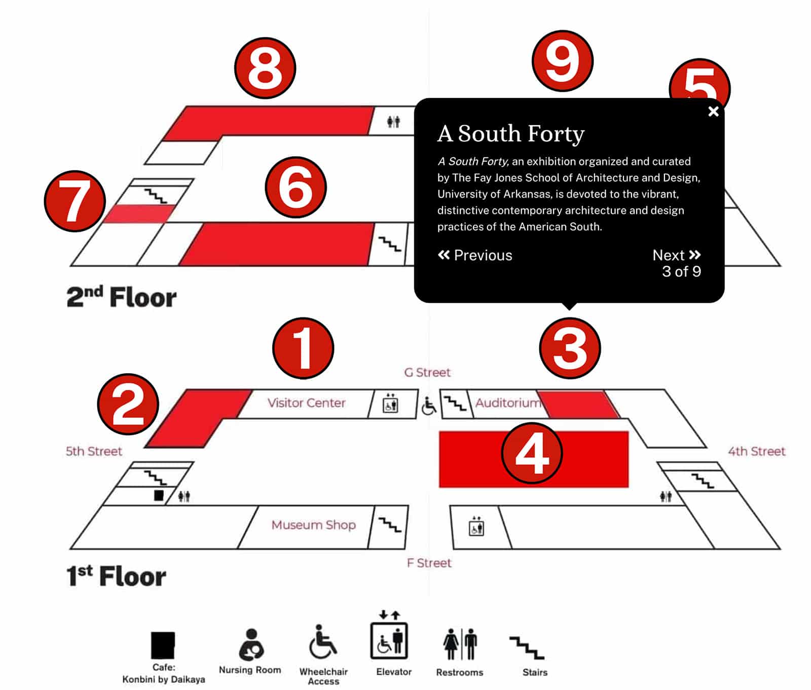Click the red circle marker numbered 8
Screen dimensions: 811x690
click(265, 68)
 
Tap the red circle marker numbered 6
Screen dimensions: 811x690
click(296, 187)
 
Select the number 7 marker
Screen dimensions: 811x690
click(75, 201)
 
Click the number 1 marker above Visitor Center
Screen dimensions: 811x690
click(303, 348)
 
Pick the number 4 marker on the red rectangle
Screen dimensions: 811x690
click(532, 453)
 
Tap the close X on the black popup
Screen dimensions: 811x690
click(713, 112)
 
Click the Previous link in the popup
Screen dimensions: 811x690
click(475, 255)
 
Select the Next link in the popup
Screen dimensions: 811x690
click(677, 255)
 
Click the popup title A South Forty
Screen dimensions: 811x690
click(511, 133)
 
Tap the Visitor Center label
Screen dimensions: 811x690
click(307, 403)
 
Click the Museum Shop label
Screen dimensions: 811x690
click(314, 525)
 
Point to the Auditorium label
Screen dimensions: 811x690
click(508, 403)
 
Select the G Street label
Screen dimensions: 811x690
click(427, 373)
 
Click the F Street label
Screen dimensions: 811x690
click(429, 563)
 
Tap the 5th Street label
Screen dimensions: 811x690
click(94, 451)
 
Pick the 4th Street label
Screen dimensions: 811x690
click(757, 451)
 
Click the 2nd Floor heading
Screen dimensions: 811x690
click(122, 297)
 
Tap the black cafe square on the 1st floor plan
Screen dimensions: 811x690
click(159, 495)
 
